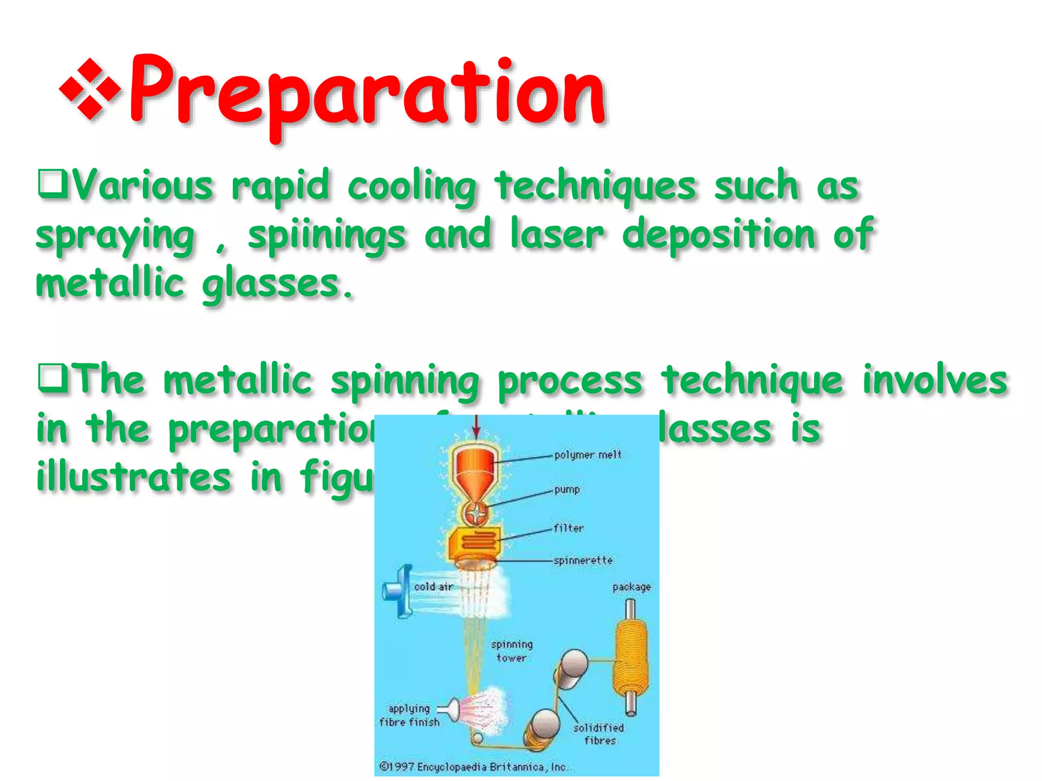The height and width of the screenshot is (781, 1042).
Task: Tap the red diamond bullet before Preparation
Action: [x=90, y=89]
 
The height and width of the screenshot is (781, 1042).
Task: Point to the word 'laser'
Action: [x=557, y=234]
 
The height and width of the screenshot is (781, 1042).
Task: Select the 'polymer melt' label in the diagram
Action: [x=588, y=455]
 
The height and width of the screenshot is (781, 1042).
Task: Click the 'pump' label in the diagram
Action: [x=567, y=490]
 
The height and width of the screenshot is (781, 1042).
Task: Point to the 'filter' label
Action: [x=568, y=528]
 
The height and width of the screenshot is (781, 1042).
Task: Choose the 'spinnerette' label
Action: [x=583, y=560]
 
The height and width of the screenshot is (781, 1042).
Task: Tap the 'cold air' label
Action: [x=433, y=587]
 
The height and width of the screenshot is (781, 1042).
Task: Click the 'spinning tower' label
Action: [x=511, y=651]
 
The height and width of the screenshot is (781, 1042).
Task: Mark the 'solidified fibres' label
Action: [x=599, y=734]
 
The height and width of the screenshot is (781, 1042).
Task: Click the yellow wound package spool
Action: [x=631, y=656]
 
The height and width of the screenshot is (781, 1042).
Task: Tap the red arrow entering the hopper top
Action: [x=476, y=427]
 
